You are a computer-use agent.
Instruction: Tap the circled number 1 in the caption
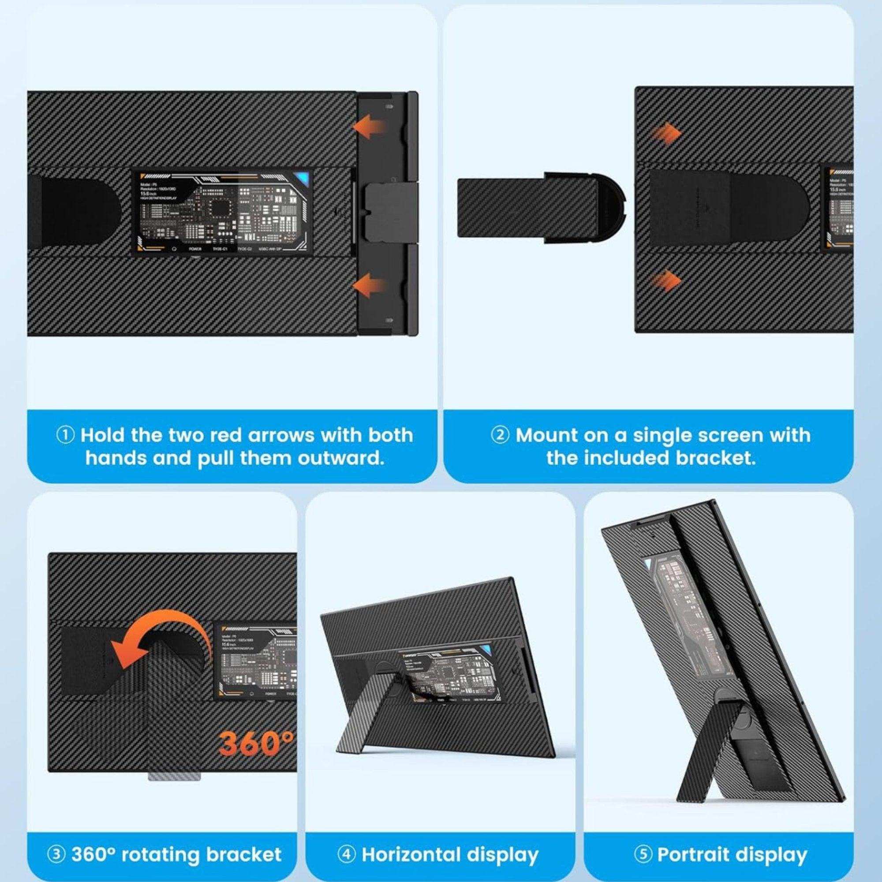click(66, 435)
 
